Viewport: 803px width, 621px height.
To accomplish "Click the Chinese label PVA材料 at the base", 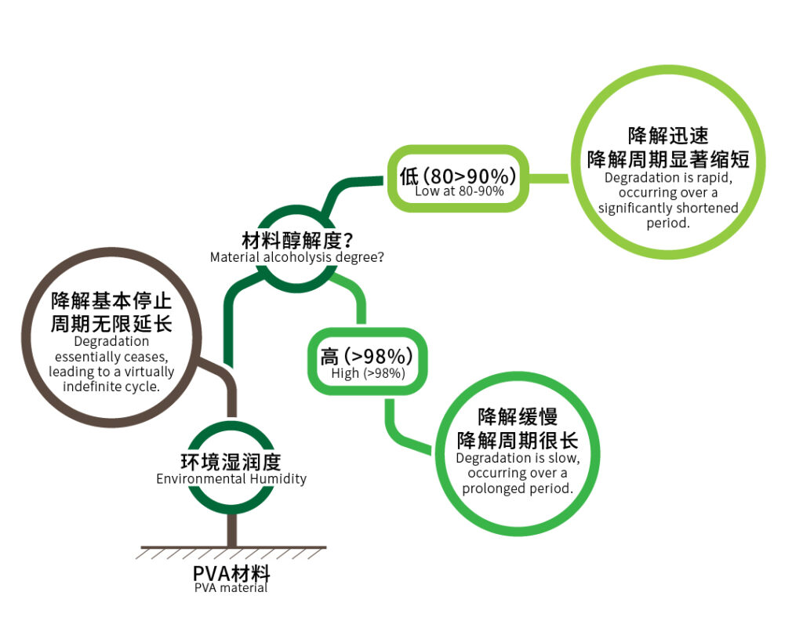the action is [x=231, y=573].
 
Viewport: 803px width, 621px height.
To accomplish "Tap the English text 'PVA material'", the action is [x=231, y=588].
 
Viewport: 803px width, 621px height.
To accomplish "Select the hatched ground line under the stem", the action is [x=231, y=553].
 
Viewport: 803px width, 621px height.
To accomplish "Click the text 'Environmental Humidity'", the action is [x=231, y=478].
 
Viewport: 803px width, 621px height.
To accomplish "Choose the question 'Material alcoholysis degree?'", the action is [x=297, y=257].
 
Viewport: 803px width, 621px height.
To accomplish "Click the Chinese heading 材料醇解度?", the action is [x=297, y=240].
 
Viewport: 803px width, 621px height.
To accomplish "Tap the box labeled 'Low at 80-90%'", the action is [x=458, y=178].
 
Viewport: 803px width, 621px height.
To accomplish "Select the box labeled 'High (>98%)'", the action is [x=367, y=361].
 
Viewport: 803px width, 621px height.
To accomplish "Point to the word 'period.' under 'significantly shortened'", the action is [x=668, y=223].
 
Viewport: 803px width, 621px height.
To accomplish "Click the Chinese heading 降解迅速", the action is [x=668, y=136].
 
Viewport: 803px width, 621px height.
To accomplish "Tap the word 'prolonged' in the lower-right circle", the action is [x=494, y=488].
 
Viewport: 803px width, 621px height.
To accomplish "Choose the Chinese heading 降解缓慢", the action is [x=518, y=416].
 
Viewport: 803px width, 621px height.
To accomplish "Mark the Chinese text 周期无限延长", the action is [x=111, y=324].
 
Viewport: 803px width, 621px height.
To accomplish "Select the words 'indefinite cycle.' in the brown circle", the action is [x=111, y=387].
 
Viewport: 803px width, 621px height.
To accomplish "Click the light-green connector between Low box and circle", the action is [x=548, y=178].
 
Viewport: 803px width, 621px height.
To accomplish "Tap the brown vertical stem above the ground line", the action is [x=232, y=530].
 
